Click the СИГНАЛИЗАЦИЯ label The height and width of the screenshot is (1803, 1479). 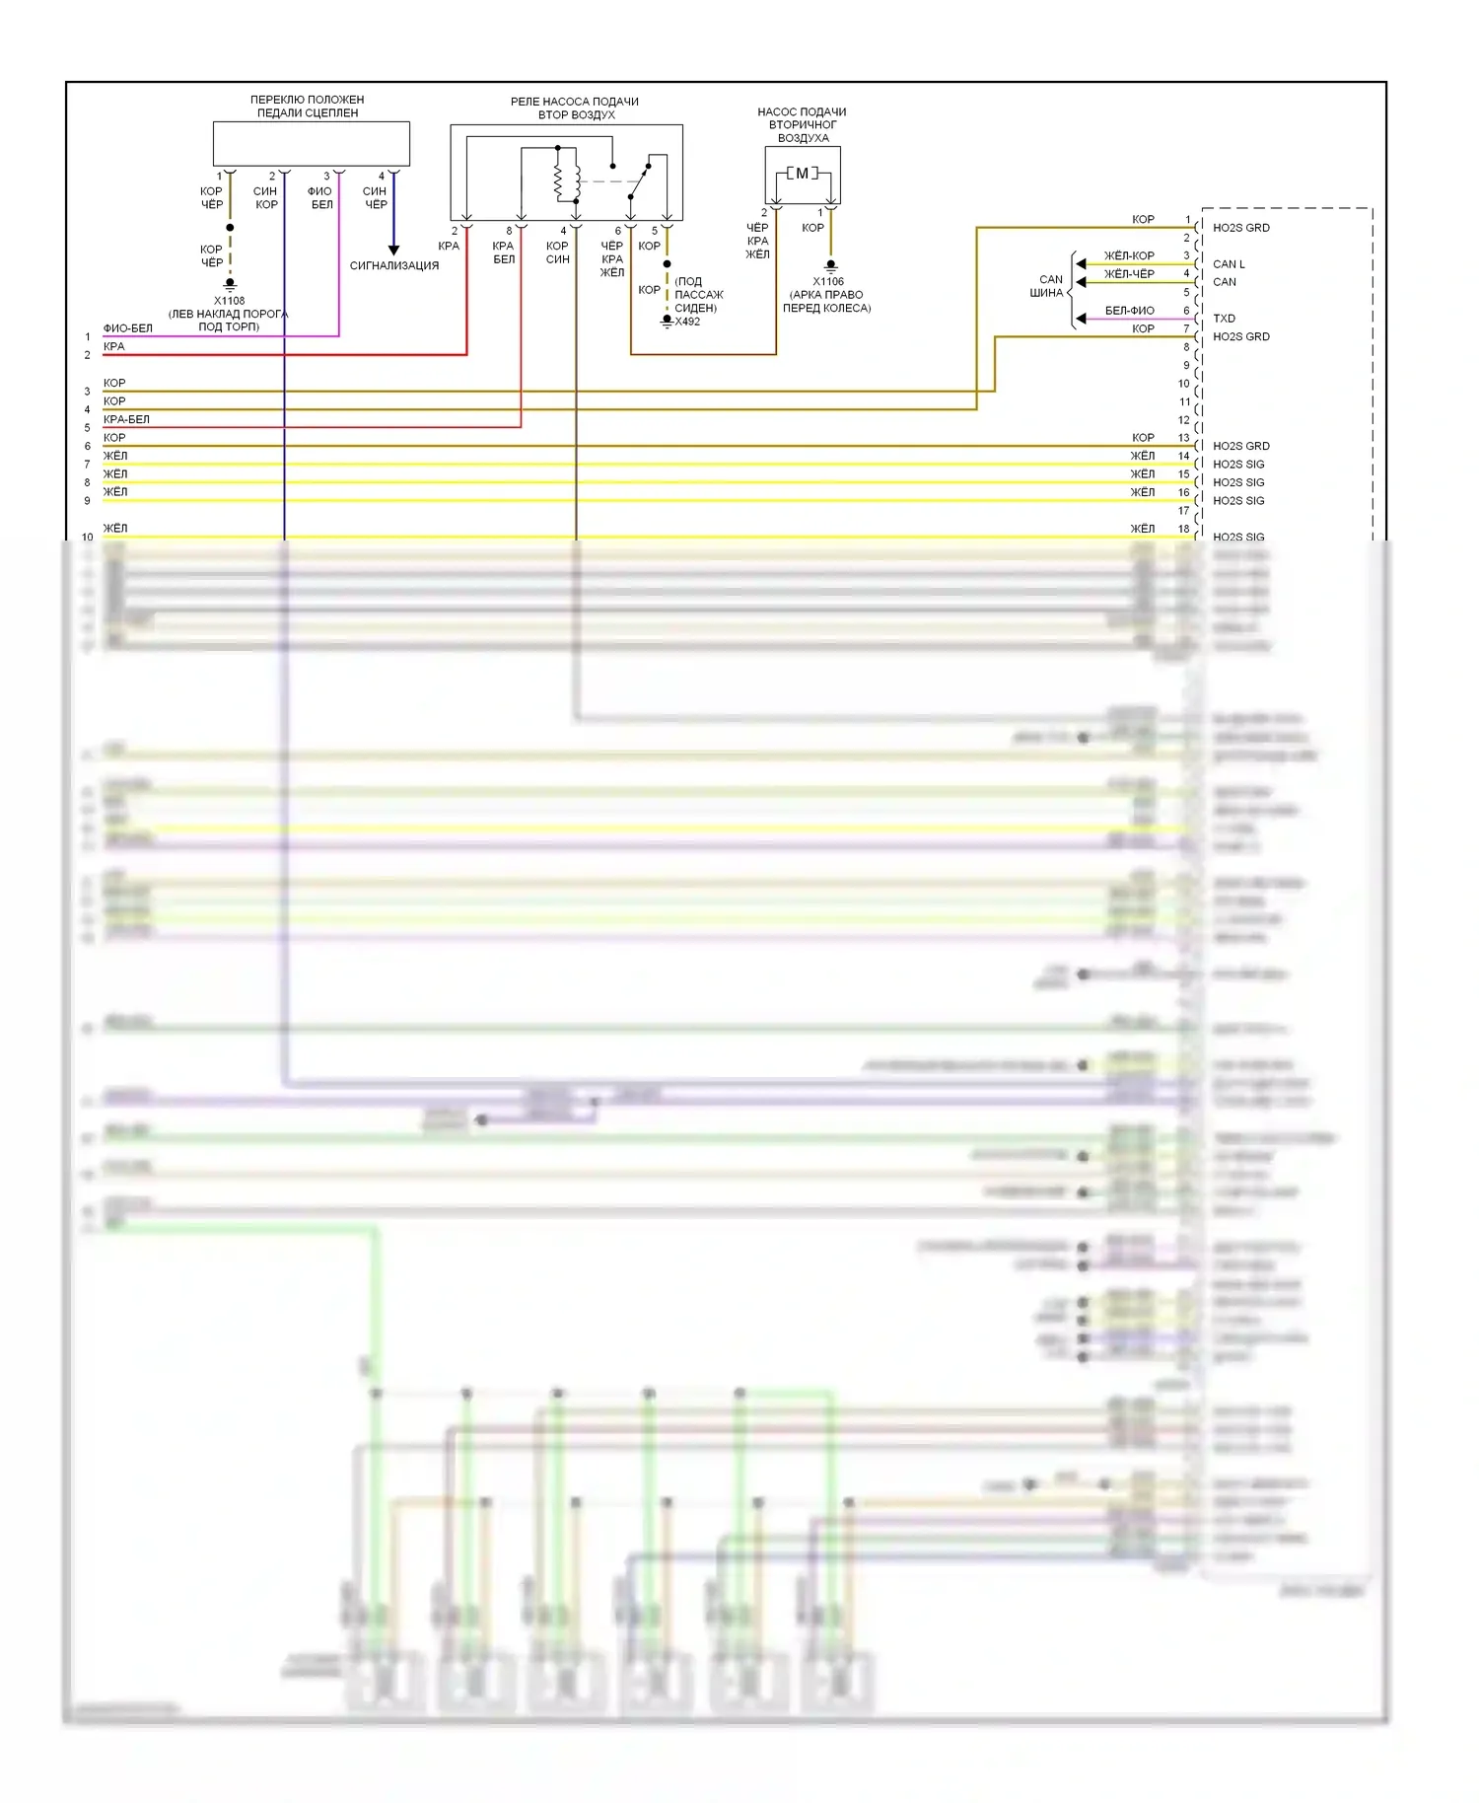point(393,265)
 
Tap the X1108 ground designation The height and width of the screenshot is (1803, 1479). point(229,301)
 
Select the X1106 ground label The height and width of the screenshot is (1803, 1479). point(828,281)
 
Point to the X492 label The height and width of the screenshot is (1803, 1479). point(687,322)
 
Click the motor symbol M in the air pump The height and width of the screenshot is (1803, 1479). point(802,174)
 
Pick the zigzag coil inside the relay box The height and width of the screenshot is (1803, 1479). point(559,179)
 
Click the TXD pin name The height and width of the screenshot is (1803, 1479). point(1224,319)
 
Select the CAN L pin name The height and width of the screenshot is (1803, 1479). point(1229,264)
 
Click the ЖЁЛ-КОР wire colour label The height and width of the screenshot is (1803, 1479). point(1129,255)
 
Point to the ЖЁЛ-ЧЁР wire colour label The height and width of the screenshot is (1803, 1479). point(1129,274)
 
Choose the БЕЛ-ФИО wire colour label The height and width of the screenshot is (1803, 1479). point(1129,311)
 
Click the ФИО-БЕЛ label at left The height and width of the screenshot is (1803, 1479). point(128,328)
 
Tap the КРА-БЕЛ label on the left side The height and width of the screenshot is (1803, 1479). point(126,419)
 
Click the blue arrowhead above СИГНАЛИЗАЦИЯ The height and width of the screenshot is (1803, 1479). point(393,251)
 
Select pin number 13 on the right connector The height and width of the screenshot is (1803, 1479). point(1183,438)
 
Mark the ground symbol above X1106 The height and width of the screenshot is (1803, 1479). point(830,266)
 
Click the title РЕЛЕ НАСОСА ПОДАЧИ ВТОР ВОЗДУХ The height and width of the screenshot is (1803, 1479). point(575,108)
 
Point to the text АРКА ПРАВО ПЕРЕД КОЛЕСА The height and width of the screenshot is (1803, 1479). point(827,301)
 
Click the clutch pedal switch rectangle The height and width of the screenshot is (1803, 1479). point(312,144)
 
